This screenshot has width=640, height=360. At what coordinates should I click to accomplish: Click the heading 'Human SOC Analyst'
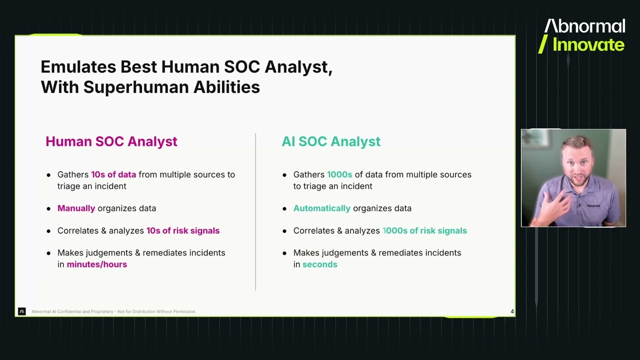coord(111,141)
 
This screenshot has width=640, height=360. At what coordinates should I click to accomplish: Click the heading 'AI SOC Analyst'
coord(330,141)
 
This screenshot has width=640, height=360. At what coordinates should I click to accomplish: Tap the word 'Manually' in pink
coord(76,208)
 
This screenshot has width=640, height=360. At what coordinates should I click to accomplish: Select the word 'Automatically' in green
coord(321,208)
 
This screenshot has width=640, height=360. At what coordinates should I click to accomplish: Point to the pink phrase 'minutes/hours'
coord(96,264)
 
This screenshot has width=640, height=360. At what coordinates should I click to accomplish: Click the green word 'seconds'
coord(319,264)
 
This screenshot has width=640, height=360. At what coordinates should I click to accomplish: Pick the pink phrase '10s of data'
coord(113,174)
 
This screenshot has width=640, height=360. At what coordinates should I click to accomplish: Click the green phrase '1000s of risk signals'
coord(424,230)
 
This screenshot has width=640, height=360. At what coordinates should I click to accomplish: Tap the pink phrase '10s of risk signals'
coord(182,230)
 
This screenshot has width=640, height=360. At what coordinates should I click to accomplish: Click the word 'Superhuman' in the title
coord(136,87)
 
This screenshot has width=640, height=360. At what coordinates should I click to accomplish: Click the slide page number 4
coord(512,311)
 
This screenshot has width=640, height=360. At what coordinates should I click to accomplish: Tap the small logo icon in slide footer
coord(21,311)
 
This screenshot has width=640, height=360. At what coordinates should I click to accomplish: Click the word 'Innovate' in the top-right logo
coord(588,45)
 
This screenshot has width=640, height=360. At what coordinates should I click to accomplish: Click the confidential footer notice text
coord(113,311)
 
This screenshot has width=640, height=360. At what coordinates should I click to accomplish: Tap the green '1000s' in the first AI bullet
coord(339,174)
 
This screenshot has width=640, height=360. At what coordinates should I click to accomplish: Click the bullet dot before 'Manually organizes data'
coord(48,208)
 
